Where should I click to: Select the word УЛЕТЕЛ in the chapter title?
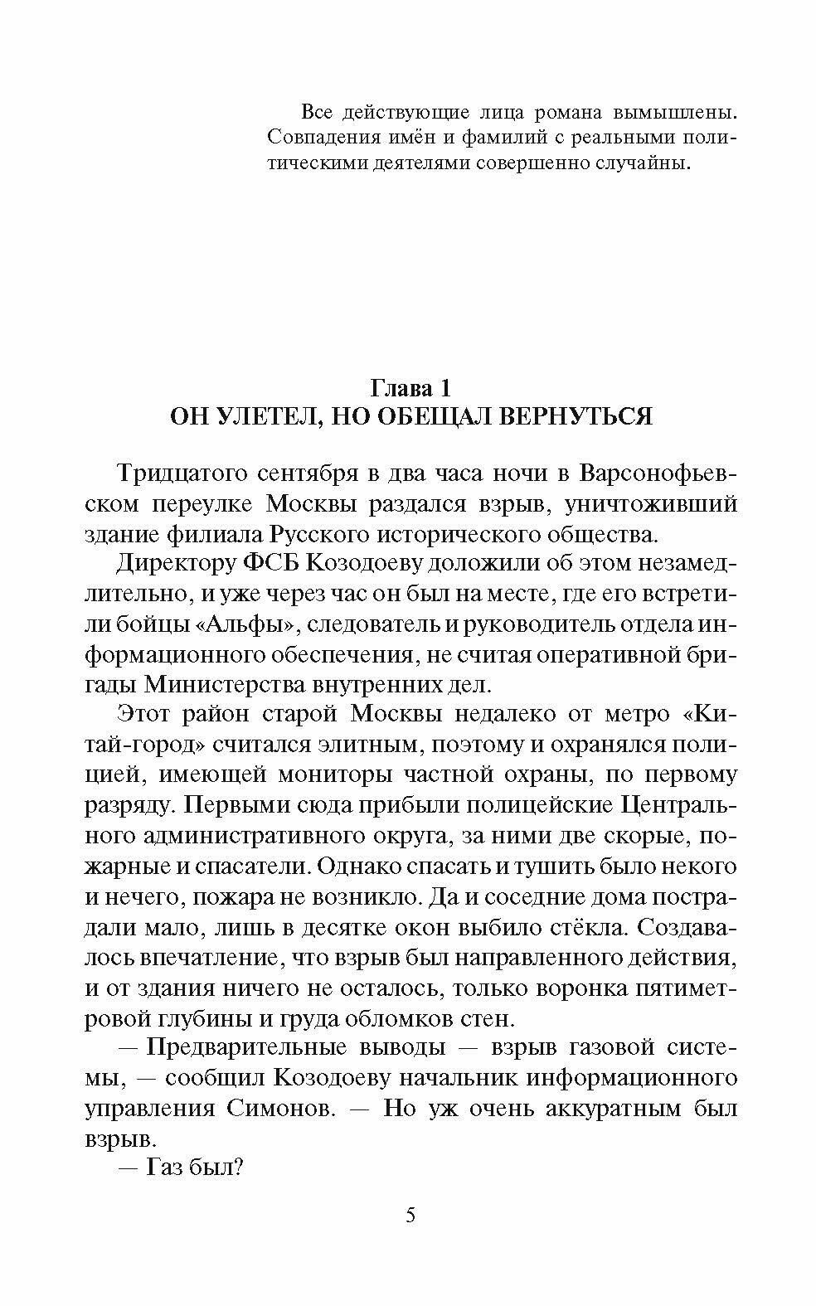266,415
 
